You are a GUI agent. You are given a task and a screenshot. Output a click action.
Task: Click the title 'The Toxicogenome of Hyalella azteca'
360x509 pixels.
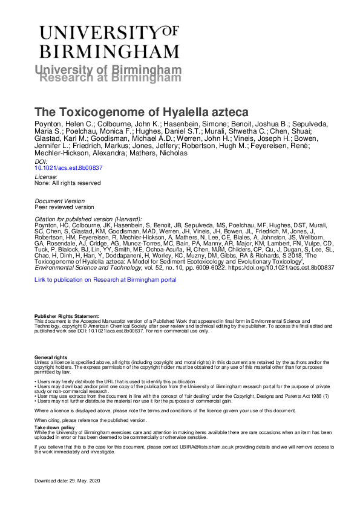[x=133, y=112]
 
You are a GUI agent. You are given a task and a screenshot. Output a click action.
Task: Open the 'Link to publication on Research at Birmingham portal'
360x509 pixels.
[x=106, y=280]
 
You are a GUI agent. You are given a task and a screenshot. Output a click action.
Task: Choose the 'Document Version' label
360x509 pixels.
[x=59, y=200]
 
